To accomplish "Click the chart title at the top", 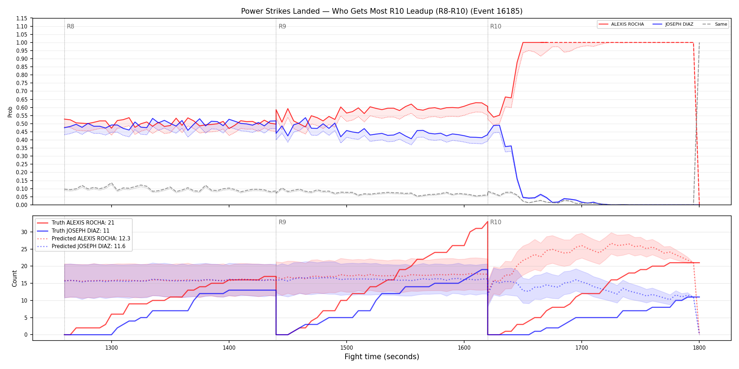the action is [382, 11].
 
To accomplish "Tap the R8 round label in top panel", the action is [70, 26].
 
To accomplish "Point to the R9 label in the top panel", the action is [282, 26].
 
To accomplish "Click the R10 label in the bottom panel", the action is [495, 222].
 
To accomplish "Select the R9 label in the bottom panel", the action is [282, 222].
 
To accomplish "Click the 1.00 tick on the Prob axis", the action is [22, 43].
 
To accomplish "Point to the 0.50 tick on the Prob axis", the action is [22, 124].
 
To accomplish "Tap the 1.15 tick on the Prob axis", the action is [22, 18].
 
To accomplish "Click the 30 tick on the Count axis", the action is [24, 232].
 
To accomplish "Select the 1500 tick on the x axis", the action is [347, 348].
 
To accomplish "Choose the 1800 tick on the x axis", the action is [699, 348].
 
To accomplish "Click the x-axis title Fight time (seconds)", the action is [382, 357].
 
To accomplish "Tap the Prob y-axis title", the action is [10, 112].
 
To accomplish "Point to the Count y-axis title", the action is [14, 278].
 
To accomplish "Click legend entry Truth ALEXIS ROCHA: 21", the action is [83, 223].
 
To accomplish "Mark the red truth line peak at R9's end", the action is [487, 222].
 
